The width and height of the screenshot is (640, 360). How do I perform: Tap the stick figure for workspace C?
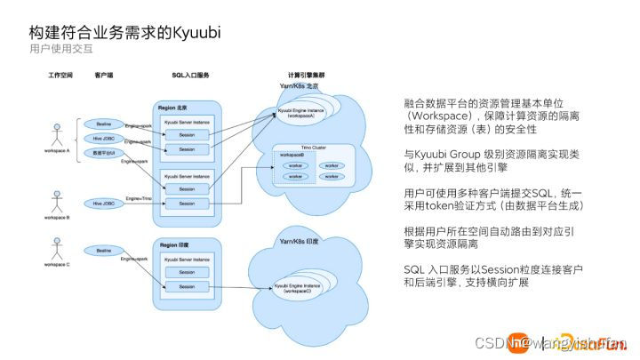coord(59,245)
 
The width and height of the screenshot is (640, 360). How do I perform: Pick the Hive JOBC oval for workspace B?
coord(104,204)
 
